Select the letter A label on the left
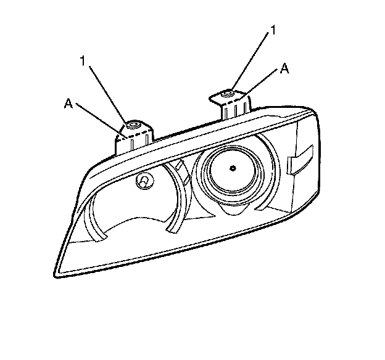pyautogui.click(x=68, y=104)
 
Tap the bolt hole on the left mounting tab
pyautogui.click(x=131, y=125)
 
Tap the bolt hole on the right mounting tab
pyautogui.click(x=228, y=93)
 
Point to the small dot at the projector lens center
pyautogui.click(x=233, y=168)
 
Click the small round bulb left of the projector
pyautogui.click(x=143, y=180)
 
